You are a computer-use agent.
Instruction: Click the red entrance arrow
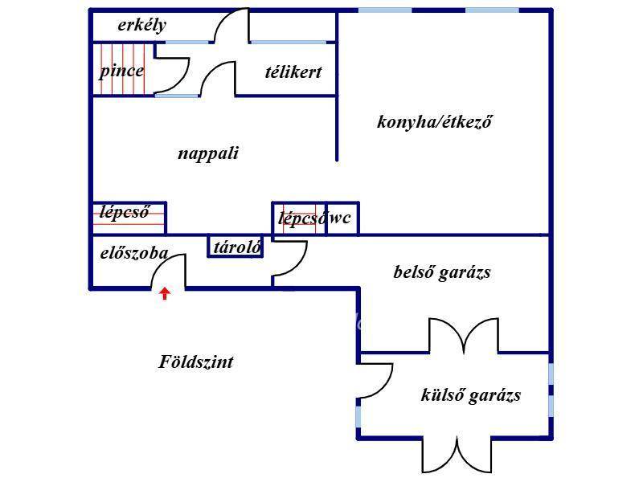pos(165,293)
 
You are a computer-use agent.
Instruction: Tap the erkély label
pos(142,25)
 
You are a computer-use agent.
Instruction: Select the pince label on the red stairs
pos(122,71)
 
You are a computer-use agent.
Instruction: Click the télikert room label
pos(293,71)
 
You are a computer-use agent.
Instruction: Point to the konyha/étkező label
pos(434,122)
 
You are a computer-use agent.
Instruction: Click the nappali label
pos(208,153)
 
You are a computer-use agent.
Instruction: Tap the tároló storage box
pos(236,247)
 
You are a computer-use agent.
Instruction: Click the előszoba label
pos(133,254)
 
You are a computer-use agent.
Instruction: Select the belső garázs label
pos(442,272)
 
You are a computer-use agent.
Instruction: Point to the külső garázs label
pos(471,395)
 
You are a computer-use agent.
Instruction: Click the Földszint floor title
pos(196,362)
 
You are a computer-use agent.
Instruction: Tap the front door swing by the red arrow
pos(170,272)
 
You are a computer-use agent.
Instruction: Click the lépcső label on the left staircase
pos(125,213)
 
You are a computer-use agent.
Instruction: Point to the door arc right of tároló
pos(290,259)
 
